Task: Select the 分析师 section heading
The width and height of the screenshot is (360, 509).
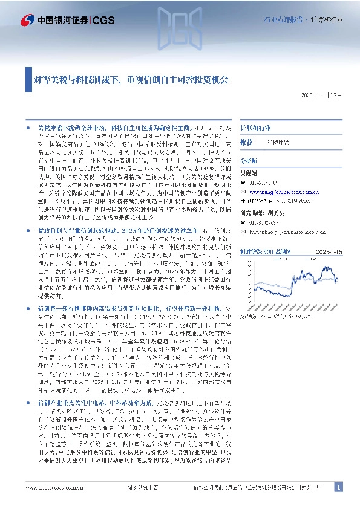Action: [249, 162]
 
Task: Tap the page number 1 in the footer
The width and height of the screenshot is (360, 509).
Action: [338, 487]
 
